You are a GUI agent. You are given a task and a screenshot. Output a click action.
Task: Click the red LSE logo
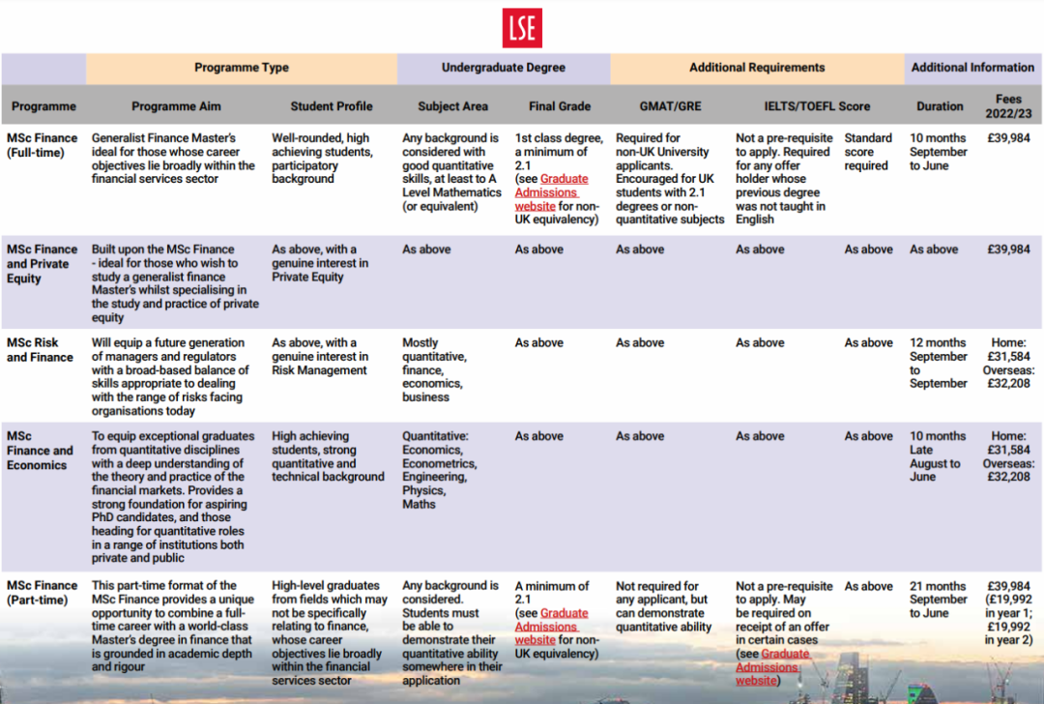coord(522,28)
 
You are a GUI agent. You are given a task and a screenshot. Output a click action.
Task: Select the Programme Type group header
coord(242,68)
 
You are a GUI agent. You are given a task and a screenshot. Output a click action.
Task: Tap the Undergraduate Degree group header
coord(504,68)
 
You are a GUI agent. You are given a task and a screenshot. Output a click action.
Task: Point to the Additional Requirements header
coord(757,68)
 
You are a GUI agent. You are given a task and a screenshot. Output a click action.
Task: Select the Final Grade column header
coord(560,106)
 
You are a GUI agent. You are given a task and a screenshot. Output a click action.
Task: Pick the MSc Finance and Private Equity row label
coord(43,264)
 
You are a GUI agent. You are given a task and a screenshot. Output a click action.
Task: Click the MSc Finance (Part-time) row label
coord(43,593)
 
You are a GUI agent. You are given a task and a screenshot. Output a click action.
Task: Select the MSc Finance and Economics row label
coord(40,451)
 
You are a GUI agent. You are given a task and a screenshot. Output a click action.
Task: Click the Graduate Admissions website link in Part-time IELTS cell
coord(771,667)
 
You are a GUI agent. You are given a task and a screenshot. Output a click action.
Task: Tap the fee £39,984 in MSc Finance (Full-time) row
coord(1008,138)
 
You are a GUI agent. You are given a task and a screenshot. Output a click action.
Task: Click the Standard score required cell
coord(867,152)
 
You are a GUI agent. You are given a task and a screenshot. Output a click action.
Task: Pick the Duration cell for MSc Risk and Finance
coord(938,363)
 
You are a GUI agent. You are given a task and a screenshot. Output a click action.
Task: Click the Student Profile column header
coord(332,106)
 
